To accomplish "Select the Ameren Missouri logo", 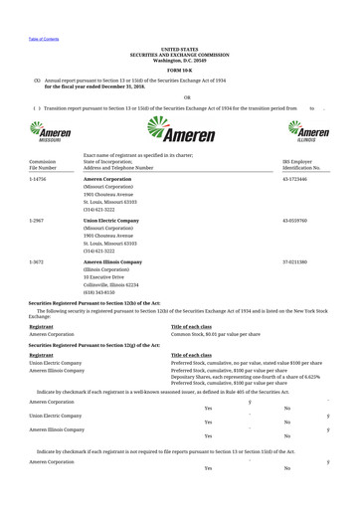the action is point(50,131).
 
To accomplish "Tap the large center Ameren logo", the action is point(179,130).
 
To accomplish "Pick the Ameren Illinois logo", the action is point(308,131).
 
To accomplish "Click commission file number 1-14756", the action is point(38,179).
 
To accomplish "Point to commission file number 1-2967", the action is point(37,220).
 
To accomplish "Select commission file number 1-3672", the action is point(37,261).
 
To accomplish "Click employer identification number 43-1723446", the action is point(295,179).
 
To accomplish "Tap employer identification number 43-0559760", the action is point(295,220).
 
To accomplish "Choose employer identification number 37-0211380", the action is point(295,261).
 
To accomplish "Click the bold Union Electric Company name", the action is point(110,220).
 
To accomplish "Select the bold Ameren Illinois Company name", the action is point(112,261).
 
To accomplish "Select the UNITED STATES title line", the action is point(180,48).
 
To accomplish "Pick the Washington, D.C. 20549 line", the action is point(180,60).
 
